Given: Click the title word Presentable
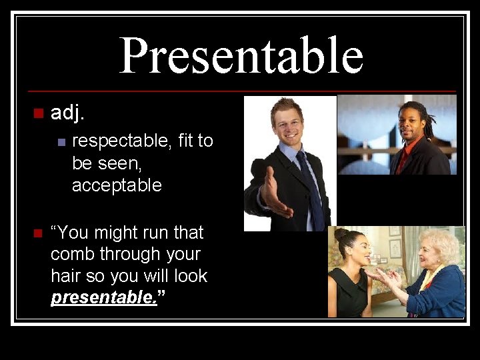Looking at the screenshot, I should click(241, 56).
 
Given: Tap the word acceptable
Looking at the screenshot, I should click(117, 185).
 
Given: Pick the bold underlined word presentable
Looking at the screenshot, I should click(103, 297).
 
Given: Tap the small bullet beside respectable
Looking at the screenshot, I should click(61, 141).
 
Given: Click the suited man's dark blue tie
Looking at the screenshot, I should click(311, 187).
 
